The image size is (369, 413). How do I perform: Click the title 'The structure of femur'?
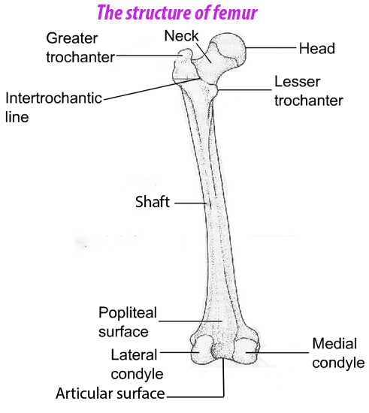coord(177,13)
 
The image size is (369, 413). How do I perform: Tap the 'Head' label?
coord(317,49)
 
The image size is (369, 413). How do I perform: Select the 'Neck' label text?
coord(181,36)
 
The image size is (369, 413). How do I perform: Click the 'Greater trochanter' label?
coord(80,47)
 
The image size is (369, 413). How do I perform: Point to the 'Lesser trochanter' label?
coord(309,91)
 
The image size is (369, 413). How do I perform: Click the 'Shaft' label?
coord(153,202)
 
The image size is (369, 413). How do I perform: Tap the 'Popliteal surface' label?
coord(128,322)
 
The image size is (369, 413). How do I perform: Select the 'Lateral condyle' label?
coord(137,364)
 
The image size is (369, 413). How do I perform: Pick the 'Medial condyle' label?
coord(338,353)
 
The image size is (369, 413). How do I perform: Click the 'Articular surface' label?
coord(110,393)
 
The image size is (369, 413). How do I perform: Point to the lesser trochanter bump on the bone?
coord(214,91)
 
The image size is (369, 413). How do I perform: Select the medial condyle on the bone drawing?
coord(247,351)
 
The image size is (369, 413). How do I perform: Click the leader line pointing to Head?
coord(271,47)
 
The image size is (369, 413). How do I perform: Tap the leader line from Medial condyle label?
coord(277,352)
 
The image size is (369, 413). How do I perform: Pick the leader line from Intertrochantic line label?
coord(151,89)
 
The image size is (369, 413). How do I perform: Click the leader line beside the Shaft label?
coord(191,203)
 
